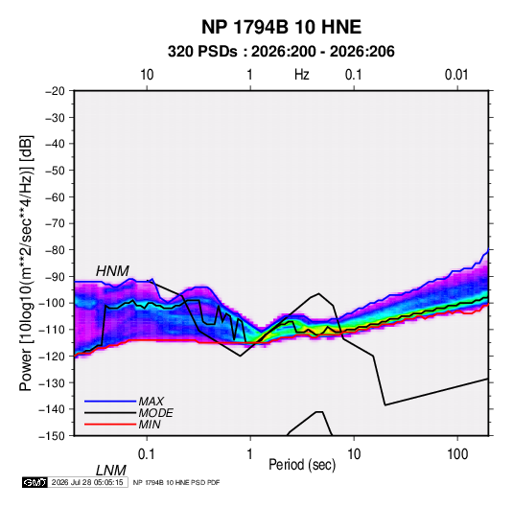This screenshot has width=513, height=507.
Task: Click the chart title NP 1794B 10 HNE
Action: [281, 27]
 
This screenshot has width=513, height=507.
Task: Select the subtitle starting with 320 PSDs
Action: [281, 52]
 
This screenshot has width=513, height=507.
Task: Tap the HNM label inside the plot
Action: [112, 271]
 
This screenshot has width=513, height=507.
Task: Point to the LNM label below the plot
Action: [110, 471]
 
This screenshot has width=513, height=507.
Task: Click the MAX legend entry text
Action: [152, 402]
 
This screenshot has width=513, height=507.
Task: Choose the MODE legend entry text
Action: [155, 413]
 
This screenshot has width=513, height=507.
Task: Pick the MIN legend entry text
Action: [150, 425]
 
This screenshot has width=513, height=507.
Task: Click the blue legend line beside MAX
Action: [110, 402]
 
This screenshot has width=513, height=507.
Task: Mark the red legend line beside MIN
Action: [110, 425]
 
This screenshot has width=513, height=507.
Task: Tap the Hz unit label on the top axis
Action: [302, 75]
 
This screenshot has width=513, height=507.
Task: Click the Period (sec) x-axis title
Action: [302, 465]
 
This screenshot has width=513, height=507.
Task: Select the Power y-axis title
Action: [26, 264]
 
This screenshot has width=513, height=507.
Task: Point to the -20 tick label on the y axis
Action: [55, 91]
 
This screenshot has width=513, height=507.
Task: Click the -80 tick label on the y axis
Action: [55, 250]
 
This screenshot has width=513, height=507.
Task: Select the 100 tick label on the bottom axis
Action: [457, 453]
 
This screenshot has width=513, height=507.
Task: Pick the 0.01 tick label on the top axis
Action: [456, 75]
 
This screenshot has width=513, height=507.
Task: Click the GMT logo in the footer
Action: [35, 482]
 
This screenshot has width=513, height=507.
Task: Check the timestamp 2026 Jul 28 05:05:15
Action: [87, 482]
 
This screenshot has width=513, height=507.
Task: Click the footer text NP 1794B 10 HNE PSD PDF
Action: [176, 482]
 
